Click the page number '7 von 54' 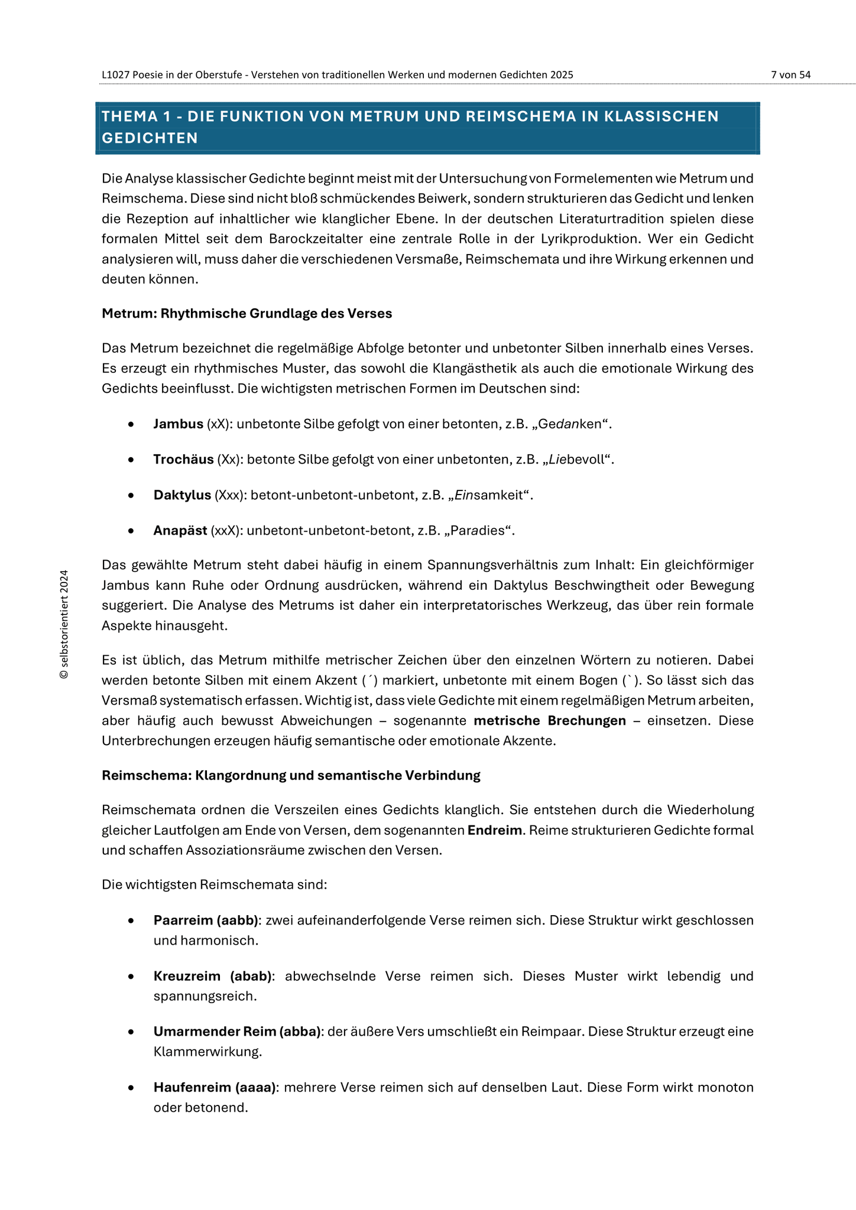[790, 75]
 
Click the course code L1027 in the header [115, 75]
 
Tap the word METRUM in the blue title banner [383, 116]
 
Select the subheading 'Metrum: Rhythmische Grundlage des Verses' [247, 314]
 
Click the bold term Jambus [178, 424]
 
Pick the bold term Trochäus [183, 460]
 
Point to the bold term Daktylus [182, 495]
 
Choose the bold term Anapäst [180, 531]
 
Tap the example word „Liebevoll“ [578, 460]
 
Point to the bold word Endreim [494, 831]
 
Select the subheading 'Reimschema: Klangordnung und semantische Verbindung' [291, 776]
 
